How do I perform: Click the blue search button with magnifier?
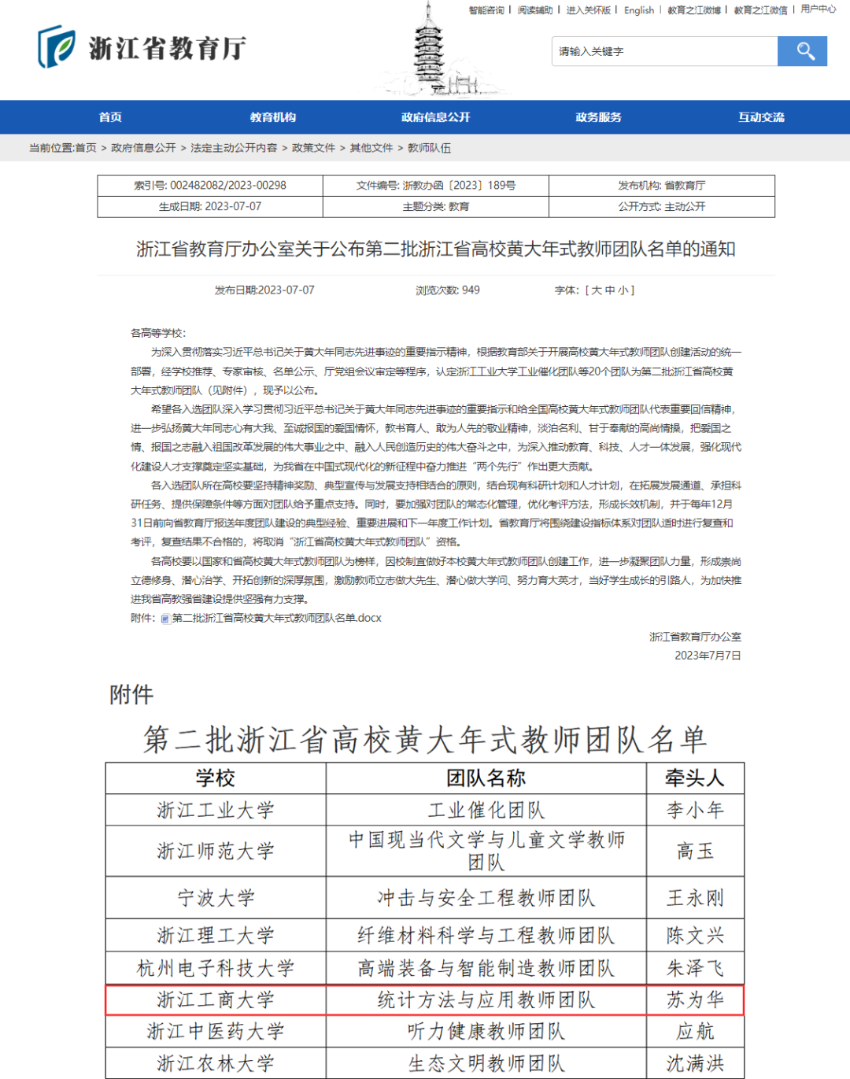(802, 51)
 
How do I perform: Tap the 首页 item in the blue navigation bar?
(110, 117)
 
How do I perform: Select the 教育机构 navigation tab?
(273, 117)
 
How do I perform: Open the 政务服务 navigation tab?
(598, 117)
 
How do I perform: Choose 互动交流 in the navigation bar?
(761, 117)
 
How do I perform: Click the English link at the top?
(638, 10)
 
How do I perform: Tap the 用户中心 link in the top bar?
(818, 9)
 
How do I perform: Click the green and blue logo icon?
(57, 47)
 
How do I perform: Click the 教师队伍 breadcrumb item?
(429, 148)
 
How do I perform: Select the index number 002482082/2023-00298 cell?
(210, 186)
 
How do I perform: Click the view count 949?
(448, 290)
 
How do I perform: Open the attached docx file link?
(275, 619)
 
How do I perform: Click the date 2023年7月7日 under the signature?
(708, 656)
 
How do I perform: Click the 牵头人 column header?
(694, 778)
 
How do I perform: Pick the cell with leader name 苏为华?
(694, 1000)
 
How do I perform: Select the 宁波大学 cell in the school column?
(216, 898)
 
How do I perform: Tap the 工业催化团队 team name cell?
(486, 810)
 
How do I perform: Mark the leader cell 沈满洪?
(694, 1064)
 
